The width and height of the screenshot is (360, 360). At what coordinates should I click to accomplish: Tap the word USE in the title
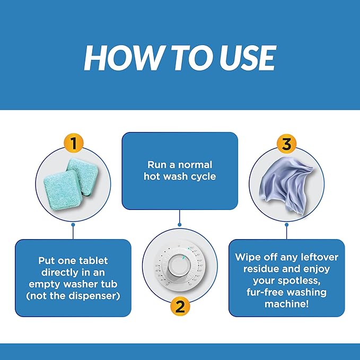click(248, 58)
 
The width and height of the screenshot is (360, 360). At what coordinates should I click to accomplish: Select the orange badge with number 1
click(74, 143)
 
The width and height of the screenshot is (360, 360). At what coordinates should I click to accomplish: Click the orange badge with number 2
click(180, 306)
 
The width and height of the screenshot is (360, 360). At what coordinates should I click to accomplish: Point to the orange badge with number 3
click(286, 144)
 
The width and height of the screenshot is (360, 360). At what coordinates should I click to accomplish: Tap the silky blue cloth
click(286, 185)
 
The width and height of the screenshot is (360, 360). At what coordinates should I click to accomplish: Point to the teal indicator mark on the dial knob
click(183, 258)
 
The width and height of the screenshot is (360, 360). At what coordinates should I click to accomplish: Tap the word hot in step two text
click(151, 177)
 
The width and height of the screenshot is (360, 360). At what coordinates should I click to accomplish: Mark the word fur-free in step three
click(265, 292)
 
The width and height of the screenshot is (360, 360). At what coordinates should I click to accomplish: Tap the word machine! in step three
click(286, 304)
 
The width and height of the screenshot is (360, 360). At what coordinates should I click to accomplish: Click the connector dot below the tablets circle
click(73, 225)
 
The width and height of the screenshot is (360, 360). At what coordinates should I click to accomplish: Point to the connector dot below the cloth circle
click(286, 225)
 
